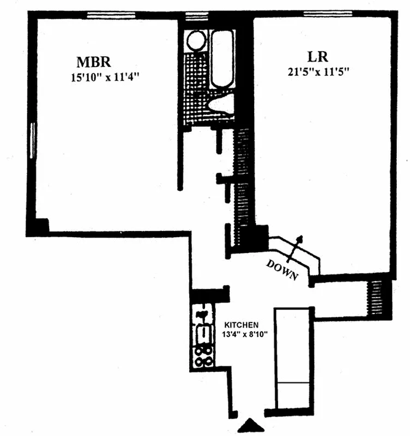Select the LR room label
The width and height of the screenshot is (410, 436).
318,57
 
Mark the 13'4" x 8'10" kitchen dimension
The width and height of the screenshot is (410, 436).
244,335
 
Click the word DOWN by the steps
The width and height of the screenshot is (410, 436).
282,269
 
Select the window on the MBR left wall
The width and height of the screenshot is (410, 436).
33,141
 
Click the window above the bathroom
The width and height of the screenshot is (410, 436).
196,16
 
